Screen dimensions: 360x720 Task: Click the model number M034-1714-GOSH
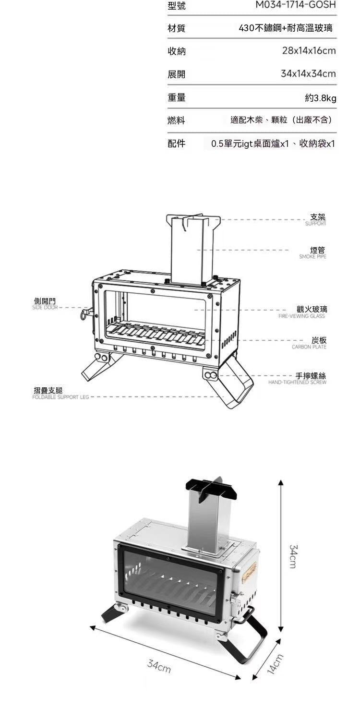[x=295, y=5]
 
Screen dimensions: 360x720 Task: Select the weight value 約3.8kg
[x=321, y=98]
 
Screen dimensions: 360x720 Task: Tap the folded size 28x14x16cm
[x=309, y=51]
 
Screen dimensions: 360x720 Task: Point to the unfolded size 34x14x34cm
[x=308, y=74]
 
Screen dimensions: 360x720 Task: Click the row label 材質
[x=177, y=28]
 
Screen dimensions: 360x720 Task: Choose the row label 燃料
[x=177, y=120]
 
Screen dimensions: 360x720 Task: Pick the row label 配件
[x=177, y=144]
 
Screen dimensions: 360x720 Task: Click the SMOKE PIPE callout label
[x=312, y=257]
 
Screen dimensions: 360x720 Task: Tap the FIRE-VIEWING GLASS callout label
[x=301, y=316]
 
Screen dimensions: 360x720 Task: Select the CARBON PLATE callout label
[x=309, y=347]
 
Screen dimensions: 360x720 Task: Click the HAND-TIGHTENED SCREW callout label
[x=297, y=383]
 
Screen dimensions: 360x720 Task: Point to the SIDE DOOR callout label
[x=45, y=308]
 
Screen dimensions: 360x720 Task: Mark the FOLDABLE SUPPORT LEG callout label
[x=60, y=397]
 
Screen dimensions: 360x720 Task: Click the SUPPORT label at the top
[x=316, y=224]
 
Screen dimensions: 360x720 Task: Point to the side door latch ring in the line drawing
[x=84, y=313]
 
